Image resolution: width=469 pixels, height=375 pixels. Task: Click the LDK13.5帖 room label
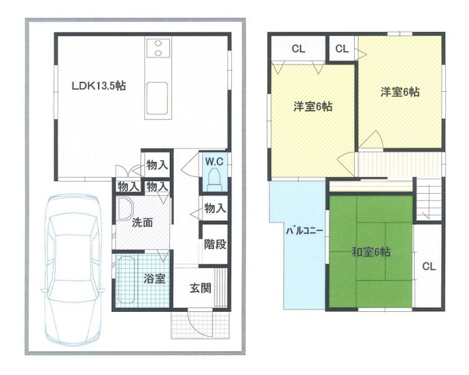coord(99,86)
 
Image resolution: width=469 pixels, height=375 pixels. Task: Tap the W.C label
coord(214,162)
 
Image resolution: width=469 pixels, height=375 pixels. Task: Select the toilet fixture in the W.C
coord(214,179)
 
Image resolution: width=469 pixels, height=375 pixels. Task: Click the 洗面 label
coord(142,222)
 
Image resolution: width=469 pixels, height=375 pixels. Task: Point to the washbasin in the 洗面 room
coord(125,209)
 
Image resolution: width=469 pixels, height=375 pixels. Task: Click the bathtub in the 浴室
coord(127,279)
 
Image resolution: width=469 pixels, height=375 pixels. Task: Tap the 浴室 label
coord(154,278)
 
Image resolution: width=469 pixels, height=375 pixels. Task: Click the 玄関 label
coord(200,288)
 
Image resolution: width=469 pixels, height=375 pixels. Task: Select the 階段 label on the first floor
coord(215,244)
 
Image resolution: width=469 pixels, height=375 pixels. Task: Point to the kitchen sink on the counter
coord(157,98)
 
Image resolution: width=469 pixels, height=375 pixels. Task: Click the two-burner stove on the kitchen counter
coord(158,48)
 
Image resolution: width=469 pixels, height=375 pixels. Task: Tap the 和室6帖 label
coord(371,252)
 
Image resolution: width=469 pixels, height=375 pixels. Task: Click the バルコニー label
coord(305,231)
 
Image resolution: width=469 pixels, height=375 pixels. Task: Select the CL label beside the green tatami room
coord(428,266)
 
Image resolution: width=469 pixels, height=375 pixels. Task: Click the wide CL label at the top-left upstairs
coord(299,49)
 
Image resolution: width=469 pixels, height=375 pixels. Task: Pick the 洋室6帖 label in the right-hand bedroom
coord(400,92)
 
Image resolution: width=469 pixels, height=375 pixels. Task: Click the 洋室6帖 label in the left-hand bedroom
coord(313,106)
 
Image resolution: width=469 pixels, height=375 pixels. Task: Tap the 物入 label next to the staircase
coord(215,208)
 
